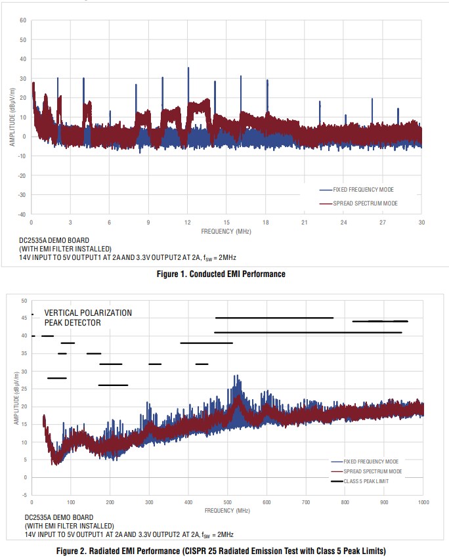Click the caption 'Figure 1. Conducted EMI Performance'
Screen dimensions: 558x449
(x=224, y=274)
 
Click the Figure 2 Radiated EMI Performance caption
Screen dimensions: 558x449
(x=224, y=549)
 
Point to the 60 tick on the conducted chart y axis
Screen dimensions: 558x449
(x=22, y=20)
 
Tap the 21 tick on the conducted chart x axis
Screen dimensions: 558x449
(x=305, y=223)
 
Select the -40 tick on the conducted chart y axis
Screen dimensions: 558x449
(x=21, y=214)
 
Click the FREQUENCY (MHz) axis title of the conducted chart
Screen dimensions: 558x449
(x=226, y=232)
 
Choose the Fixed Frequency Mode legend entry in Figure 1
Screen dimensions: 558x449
(x=363, y=190)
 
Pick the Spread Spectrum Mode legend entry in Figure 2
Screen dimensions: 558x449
(x=372, y=471)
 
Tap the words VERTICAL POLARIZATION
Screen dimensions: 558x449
(x=88, y=313)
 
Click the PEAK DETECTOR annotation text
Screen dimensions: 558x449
(x=72, y=323)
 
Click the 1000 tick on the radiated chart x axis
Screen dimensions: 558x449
(x=423, y=502)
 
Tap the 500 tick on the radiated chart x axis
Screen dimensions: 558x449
(x=227, y=502)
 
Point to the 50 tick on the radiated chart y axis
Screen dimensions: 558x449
(x=24, y=301)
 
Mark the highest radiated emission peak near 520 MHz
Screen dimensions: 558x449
(x=236, y=377)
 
